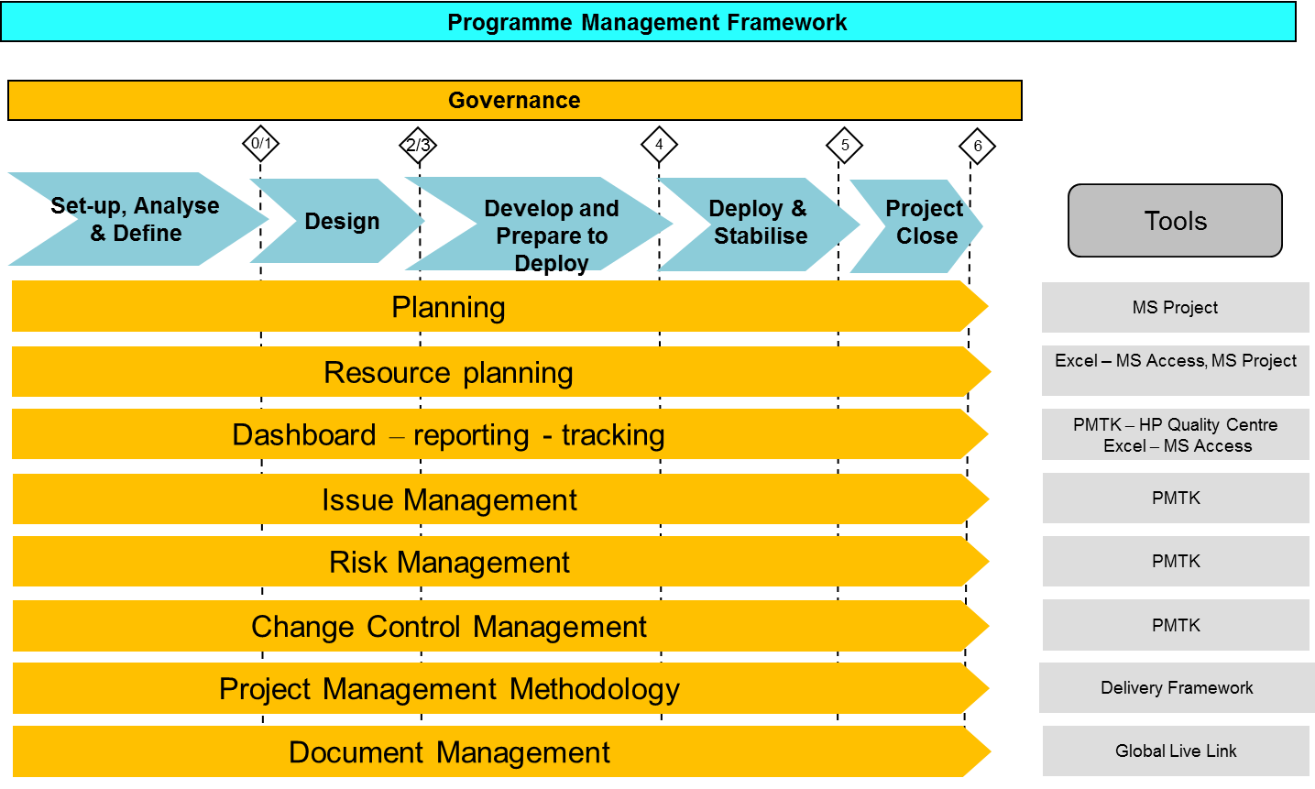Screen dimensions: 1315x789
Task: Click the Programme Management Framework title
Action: pos(647,22)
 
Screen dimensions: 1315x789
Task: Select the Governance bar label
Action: pos(514,101)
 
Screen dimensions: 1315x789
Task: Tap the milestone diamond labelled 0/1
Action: pos(260,144)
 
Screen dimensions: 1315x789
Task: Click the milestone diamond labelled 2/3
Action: pos(418,145)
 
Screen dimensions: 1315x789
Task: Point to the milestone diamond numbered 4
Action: pos(659,145)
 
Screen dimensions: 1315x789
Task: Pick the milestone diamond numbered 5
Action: pos(844,145)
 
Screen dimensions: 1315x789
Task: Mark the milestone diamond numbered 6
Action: pos(978,147)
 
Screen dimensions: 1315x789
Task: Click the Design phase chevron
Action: pos(337,221)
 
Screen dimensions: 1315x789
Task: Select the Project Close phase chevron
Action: pos(916,226)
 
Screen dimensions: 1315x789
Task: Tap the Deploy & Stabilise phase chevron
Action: pos(759,225)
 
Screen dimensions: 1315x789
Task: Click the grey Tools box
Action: pos(1176,221)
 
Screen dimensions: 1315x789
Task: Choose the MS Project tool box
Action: pos(1176,308)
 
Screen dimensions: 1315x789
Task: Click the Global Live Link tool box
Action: pos(1176,751)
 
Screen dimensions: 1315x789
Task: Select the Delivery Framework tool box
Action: pos(1177,687)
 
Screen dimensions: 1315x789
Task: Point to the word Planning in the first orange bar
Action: pos(448,308)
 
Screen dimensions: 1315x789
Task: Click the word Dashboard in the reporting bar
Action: pos(304,435)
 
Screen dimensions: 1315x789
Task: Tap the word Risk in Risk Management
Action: pos(358,563)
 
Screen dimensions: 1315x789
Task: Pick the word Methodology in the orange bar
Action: pos(595,689)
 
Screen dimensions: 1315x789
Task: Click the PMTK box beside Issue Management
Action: pos(1176,498)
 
